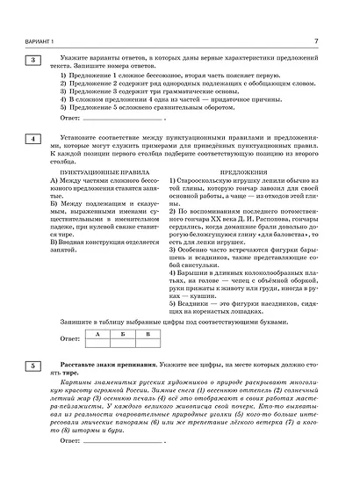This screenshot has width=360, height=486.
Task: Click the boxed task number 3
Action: click(x=32, y=60)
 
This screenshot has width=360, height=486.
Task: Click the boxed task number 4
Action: click(x=32, y=140)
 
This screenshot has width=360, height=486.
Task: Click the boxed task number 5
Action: click(x=32, y=365)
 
